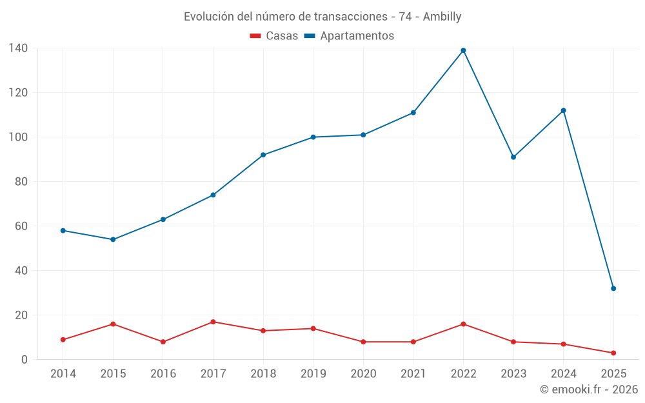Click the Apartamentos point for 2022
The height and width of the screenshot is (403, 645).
463,50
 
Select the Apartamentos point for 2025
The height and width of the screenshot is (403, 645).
613,288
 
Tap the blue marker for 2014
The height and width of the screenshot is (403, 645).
63,230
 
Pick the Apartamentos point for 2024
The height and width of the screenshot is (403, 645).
563,110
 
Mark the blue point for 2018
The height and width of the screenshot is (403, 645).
263,155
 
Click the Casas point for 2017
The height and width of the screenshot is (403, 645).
213,322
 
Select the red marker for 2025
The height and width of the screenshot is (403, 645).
613,353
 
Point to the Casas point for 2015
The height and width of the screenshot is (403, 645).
113,324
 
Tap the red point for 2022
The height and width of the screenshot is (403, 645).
463,324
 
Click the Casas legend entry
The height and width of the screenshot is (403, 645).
274,36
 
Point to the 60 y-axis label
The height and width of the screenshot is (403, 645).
21,226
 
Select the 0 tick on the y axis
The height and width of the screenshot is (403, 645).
25,360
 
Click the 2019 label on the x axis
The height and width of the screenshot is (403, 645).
313,374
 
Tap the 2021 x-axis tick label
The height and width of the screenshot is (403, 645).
413,374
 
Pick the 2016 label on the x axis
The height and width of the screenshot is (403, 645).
163,374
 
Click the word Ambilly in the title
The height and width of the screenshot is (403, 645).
442,17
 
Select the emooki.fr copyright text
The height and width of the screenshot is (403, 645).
588,389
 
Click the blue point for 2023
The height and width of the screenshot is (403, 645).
513,157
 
